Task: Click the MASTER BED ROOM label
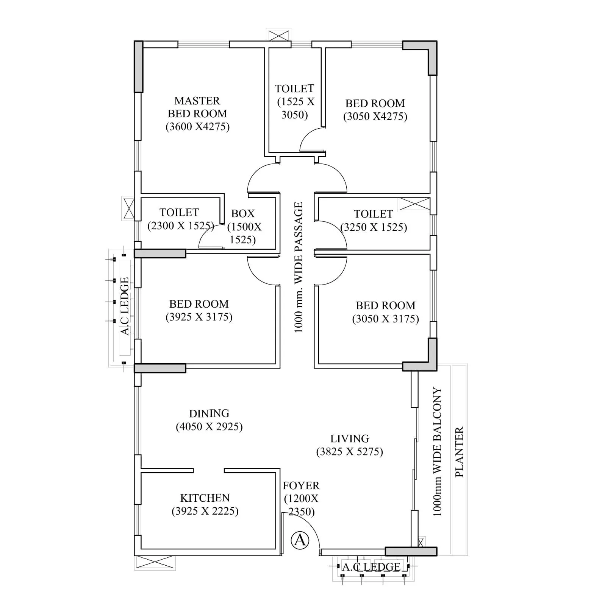[197, 107]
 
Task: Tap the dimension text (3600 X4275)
[197, 126]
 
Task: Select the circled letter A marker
[300, 540]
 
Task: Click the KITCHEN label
[205, 498]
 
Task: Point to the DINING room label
[209, 413]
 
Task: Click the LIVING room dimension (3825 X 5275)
[349, 452]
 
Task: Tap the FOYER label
[301, 485]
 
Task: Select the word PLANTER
[459, 452]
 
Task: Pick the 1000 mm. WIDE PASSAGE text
[299, 268]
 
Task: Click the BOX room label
[243, 214]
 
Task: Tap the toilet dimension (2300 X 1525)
[181, 226]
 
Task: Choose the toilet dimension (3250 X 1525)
[374, 227]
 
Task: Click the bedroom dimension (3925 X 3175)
[199, 317]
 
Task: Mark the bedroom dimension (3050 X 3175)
[385, 319]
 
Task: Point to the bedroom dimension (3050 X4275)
[375, 116]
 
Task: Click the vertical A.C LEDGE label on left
[125, 306]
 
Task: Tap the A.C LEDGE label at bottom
[371, 567]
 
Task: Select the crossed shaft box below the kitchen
[155, 563]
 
